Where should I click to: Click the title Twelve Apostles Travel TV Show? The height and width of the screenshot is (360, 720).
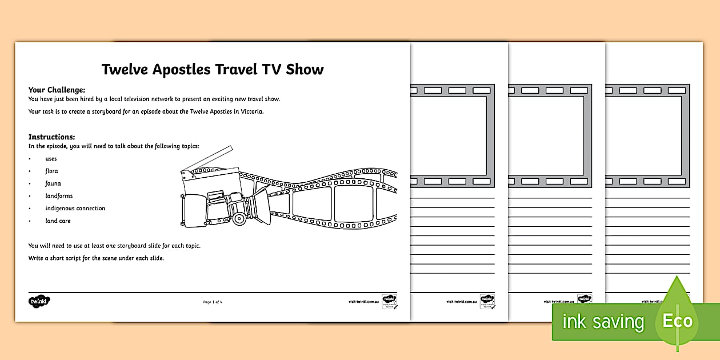[x=213, y=70]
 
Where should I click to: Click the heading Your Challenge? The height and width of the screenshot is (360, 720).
[x=57, y=90]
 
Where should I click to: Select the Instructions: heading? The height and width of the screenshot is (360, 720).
[x=52, y=137]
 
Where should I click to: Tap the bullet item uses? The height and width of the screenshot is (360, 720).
[x=51, y=159]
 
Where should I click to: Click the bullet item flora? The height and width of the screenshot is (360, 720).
[x=51, y=171]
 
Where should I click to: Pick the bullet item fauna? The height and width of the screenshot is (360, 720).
[x=53, y=183]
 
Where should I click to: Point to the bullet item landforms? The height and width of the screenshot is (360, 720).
[x=59, y=196]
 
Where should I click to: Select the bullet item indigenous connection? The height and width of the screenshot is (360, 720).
[x=75, y=209]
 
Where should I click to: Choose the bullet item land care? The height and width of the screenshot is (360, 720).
[x=58, y=221]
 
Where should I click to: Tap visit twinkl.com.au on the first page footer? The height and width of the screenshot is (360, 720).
[x=364, y=301]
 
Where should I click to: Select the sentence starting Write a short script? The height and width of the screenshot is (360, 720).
[x=96, y=258]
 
